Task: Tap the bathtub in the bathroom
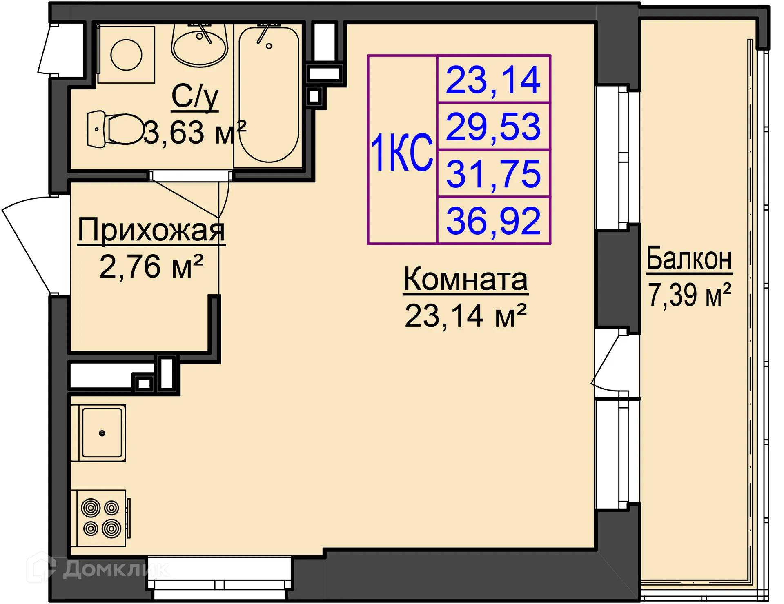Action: pos(269,95)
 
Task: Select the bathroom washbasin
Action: pos(199,45)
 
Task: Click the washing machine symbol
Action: pos(126,55)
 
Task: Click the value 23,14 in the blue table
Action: pos(493,80)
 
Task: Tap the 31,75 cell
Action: pos(493,174)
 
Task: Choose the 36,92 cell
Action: pos(493,221)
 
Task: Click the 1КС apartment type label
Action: pos(402,152)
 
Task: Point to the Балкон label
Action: pos(689,258)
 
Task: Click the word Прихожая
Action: pos(151,231)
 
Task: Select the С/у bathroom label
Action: pos(195,97)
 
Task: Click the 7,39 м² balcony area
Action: pos(689,295)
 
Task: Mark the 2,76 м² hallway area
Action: pos(151,266)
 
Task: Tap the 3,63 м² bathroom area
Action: pos(195,132)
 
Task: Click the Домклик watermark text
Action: pos(116,569)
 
